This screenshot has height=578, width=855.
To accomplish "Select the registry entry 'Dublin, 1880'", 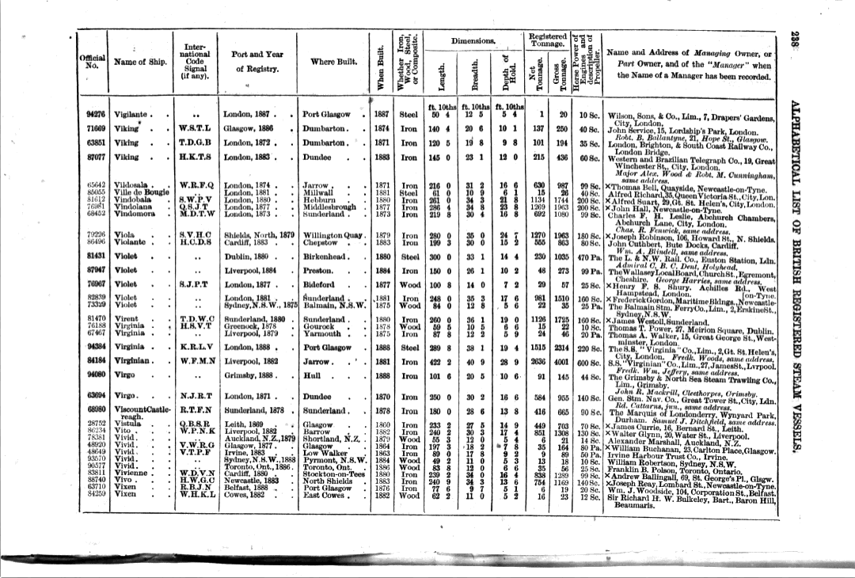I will click(x=249, y=256).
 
